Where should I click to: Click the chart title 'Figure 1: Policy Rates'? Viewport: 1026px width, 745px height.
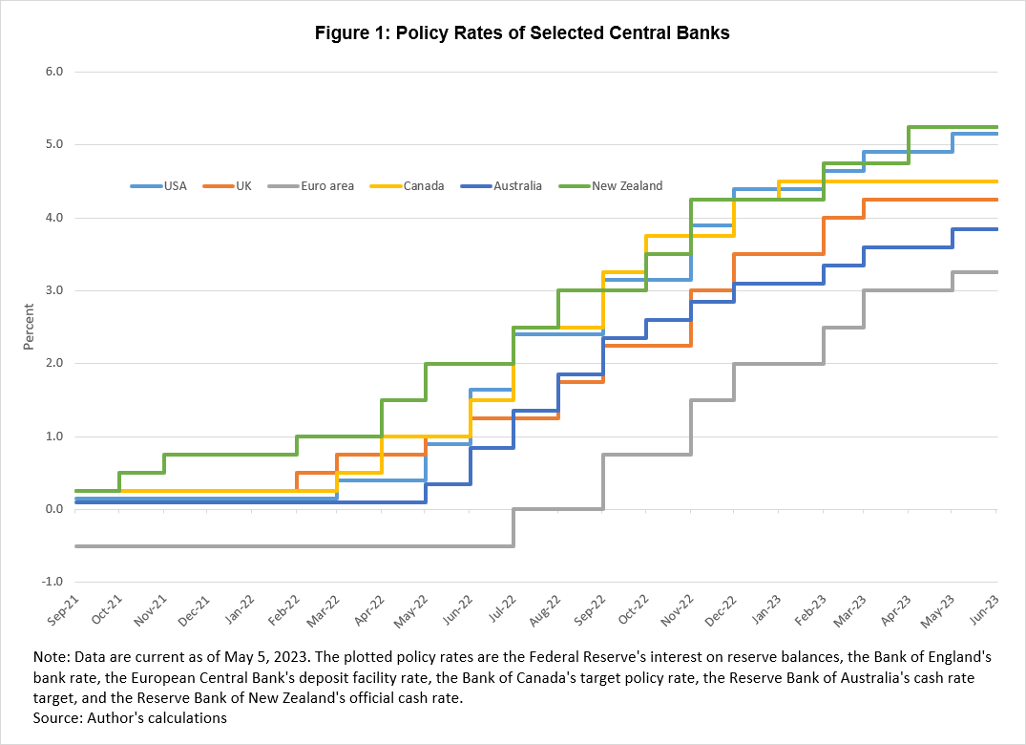pyautogui.click(x=522, y=33)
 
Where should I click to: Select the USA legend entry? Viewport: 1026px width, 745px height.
pyautogui.click(x=170, y=185)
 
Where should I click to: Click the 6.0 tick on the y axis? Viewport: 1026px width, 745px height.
pyautogui.click(x=53, y=72)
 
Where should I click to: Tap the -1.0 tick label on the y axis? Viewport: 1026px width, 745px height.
pyautogui.click(x=52, y=582)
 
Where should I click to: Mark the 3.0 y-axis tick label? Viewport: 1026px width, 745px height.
pyautogui.click(x=53, y=290)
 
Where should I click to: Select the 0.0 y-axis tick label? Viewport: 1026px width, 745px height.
pyautogui.click(x=53, y=509)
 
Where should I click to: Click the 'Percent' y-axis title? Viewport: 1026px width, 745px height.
pyautogui.click(x=29, y=327)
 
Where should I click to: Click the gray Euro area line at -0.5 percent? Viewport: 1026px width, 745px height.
pyautogui.click(x=286, y=545)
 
